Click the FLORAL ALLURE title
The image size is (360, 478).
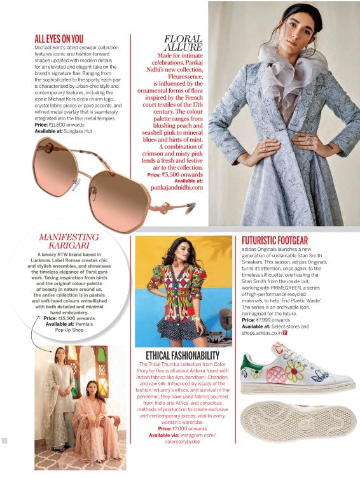183,43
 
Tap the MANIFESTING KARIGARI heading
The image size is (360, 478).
69,241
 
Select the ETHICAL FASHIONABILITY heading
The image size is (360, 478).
183,355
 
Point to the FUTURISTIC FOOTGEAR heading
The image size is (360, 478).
275,240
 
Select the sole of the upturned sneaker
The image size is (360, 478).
298,420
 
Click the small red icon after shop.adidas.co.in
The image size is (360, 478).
285,332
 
